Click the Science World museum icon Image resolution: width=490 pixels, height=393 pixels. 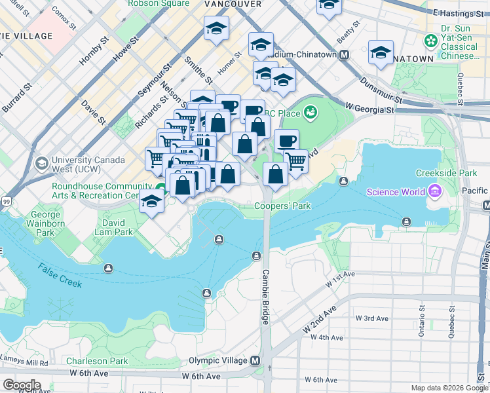click(432, 192)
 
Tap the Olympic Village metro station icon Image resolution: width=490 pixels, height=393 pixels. click(254, 361)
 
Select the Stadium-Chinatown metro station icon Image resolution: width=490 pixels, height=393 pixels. click(343, 55)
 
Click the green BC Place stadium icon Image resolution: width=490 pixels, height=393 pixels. click(310, 113)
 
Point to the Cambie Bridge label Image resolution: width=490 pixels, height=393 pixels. click(266, 297)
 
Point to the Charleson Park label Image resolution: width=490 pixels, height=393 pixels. click(97, 361)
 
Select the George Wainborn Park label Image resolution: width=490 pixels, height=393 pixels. click(46, 223)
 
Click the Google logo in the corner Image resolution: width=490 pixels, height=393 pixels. click(22, 384)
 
